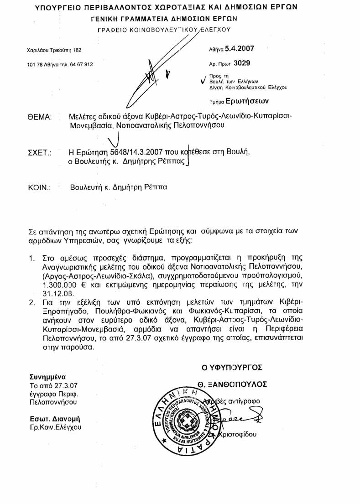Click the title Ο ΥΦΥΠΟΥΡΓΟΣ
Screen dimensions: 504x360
(x=232, y=366)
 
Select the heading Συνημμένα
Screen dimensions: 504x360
(x=48, y=377)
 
